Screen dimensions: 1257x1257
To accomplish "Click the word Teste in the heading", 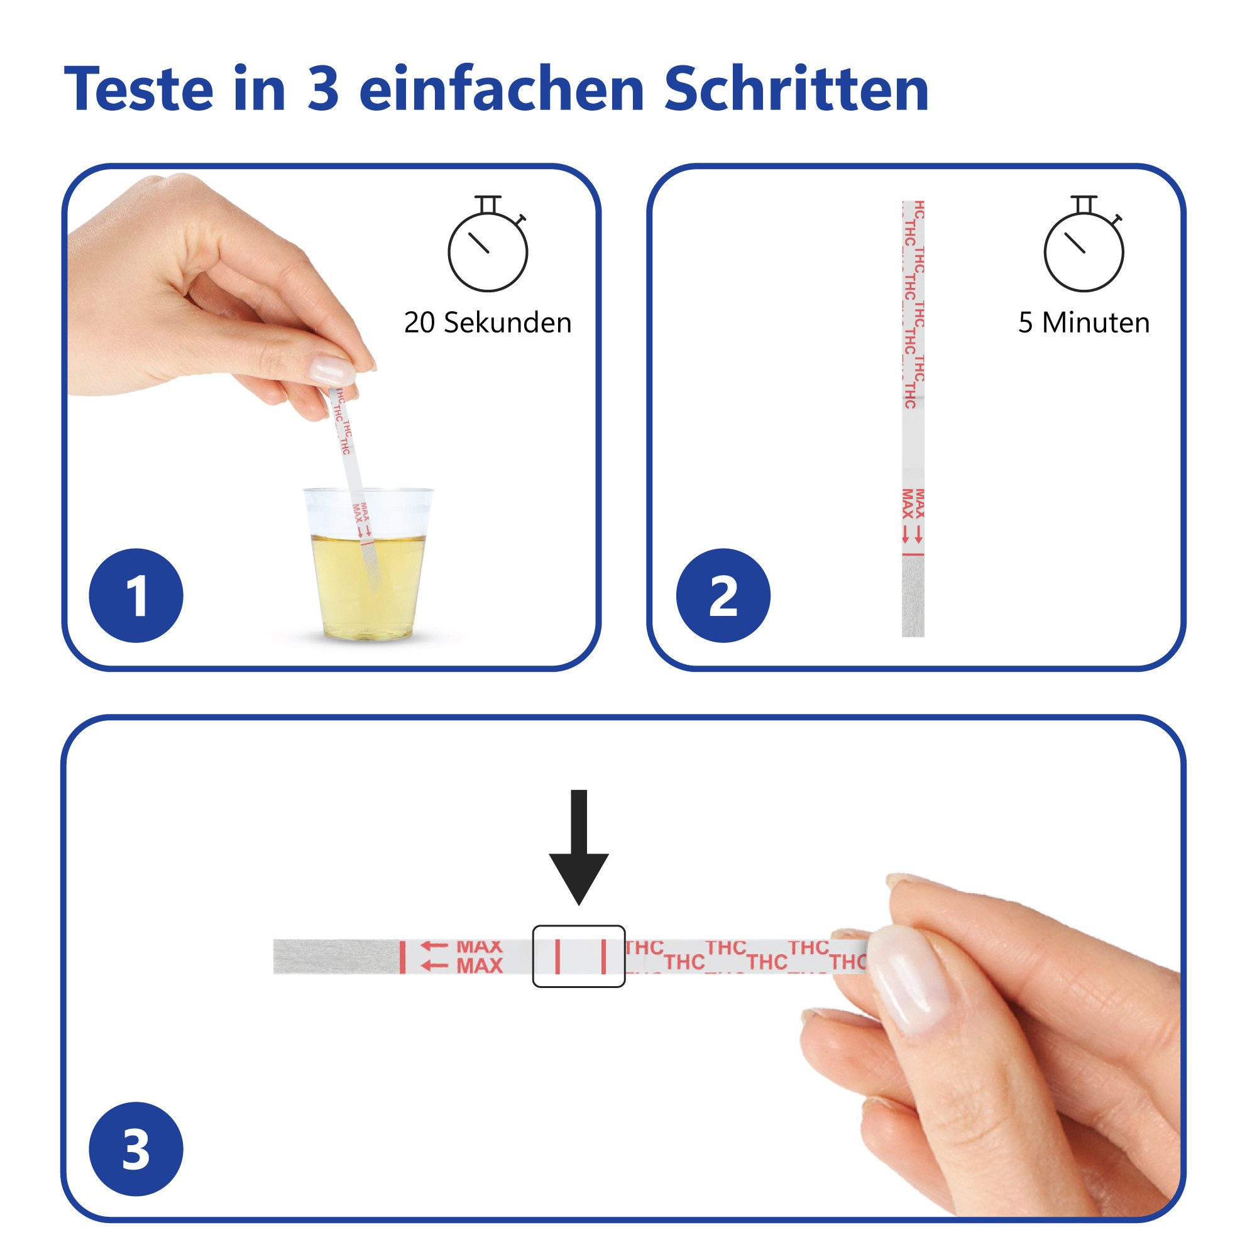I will pyautogui.click(x=138, y=90).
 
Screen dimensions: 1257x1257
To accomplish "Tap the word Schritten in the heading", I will pyautogui.click(x=796, y=90).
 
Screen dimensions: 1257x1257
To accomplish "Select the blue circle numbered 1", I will pyautogui.click(x=136, y=596).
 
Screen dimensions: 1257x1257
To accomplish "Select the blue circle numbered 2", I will pyautogui.click(x=723, y=596).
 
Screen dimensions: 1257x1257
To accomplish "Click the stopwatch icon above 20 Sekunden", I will pyautogui.click(x=487, y=247).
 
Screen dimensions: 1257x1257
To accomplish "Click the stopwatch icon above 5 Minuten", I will pyautogui.click(x=1084, y=247).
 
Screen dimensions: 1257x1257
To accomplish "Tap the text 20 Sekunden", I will pyautogui.click(x=487, y=322).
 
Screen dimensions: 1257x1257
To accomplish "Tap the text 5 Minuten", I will pyautogui.click(x=1084, y=322).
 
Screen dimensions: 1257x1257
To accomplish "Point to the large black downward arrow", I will pyautogui.click(x=578, y=846).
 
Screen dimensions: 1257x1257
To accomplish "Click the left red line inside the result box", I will pyautogui.click(x=557, y=957).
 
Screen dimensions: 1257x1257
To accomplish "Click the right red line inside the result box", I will pyautogui.click(x=603, y=957).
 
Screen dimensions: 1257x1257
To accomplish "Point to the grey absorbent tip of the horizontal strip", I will pyautogui.click(x=335, y=957).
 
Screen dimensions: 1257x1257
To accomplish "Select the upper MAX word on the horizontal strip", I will pyautogui.click(x=480, y=946).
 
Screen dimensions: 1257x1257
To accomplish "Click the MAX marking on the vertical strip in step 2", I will pyautogui.click(x=913, y=505).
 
